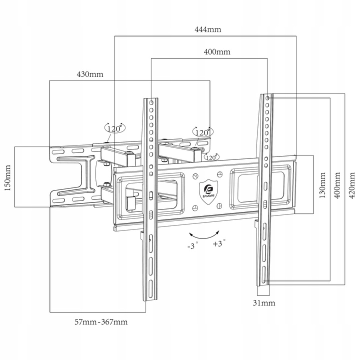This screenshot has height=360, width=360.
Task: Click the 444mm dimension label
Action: (x=207, y=29)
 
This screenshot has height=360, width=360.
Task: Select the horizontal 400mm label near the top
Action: (x=216, y=52)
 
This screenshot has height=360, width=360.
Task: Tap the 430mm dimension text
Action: (x=89, y=74)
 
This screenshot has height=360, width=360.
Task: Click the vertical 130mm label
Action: (x=323, y=185)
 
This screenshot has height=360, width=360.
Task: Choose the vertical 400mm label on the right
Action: (x=337, y=185)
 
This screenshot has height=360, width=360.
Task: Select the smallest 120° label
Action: (x=210, y=157)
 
